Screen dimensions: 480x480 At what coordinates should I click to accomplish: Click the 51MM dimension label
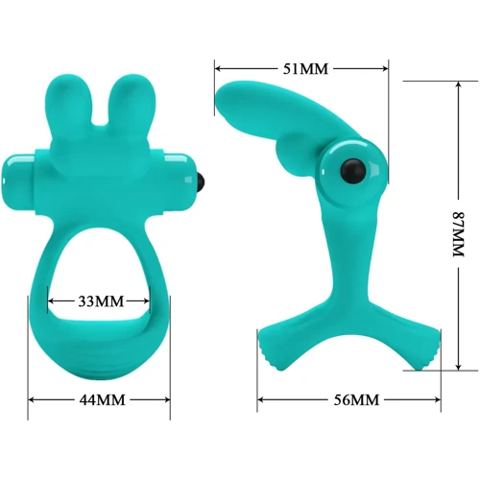coord(305,69)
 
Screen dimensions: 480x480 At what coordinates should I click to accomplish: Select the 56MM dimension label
coord(356,400)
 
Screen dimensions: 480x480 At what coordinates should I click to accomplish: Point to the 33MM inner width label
coord(101,301)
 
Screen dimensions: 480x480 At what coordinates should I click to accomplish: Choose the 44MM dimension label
coord(102,400)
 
